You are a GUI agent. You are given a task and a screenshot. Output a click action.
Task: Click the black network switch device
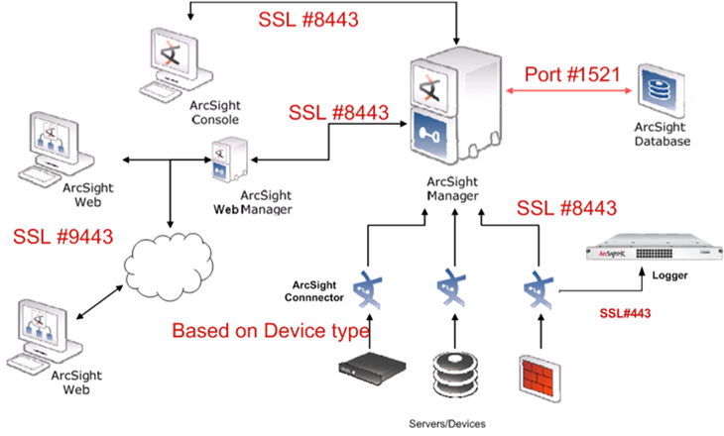click(367, 372)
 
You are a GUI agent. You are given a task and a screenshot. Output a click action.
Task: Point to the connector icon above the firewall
click(541, 288)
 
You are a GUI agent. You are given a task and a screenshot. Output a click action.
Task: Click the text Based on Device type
click(271, 331)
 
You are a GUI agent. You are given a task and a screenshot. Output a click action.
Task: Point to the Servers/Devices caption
click(448, 423)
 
